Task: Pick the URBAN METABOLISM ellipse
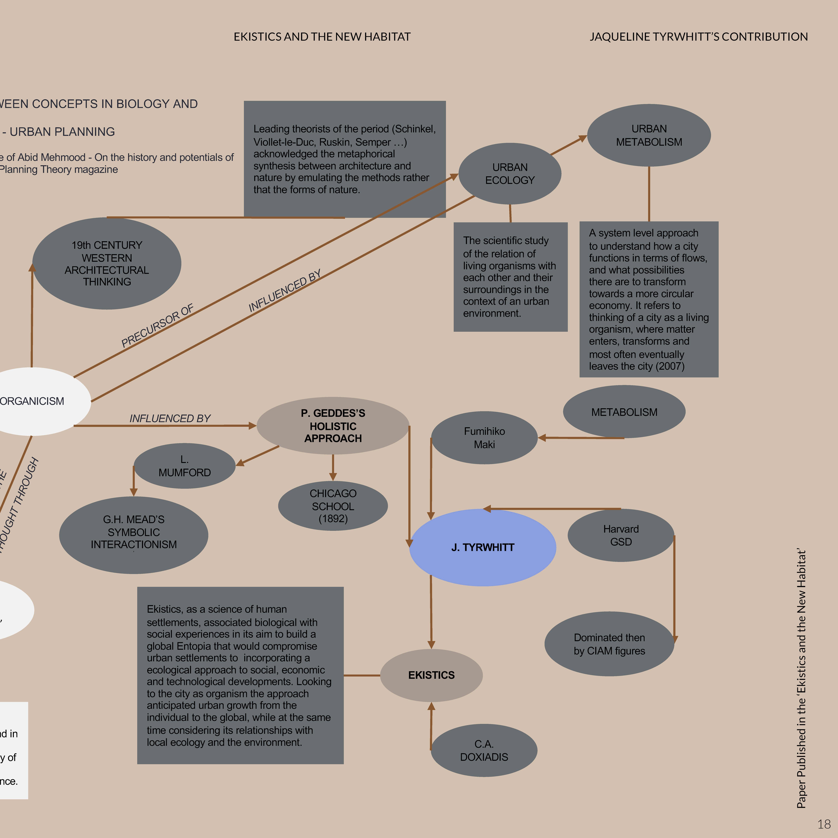pyautogui.click(x=649, y=135)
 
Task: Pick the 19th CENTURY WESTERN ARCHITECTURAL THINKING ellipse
pyautogui.click(x=107, y=263)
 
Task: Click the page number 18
pyautogui.click(x=824, y=824)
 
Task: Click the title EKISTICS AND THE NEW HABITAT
pyautogui.click(x=322, y=37)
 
